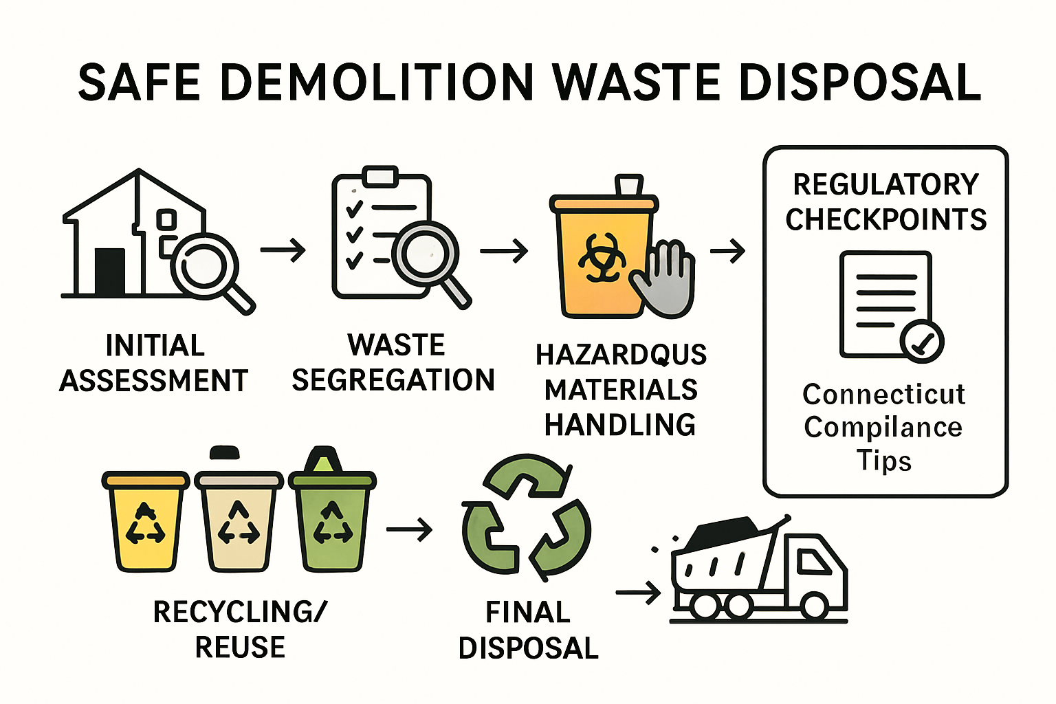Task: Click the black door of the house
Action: [110, 272]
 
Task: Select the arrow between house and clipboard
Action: [283, 250]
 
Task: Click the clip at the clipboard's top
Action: [380, 176]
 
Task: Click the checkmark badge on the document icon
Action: [922, 340]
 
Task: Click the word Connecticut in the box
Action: [883, 395]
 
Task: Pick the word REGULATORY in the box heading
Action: [885, 184]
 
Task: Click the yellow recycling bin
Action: [145, 522]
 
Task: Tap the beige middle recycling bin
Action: [239, 522]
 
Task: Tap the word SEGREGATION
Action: [393, 379]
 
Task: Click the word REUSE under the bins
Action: [240, 647]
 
